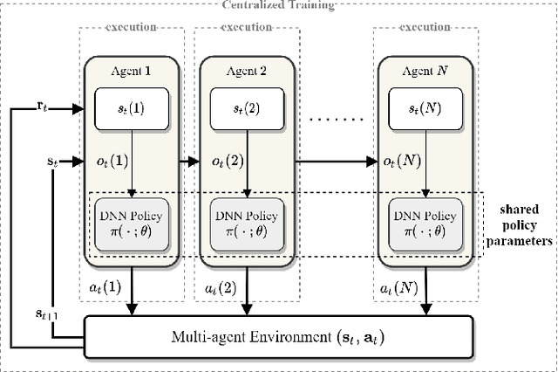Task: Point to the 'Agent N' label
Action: [x=427, y=71]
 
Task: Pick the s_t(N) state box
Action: [x=427, y=108]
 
